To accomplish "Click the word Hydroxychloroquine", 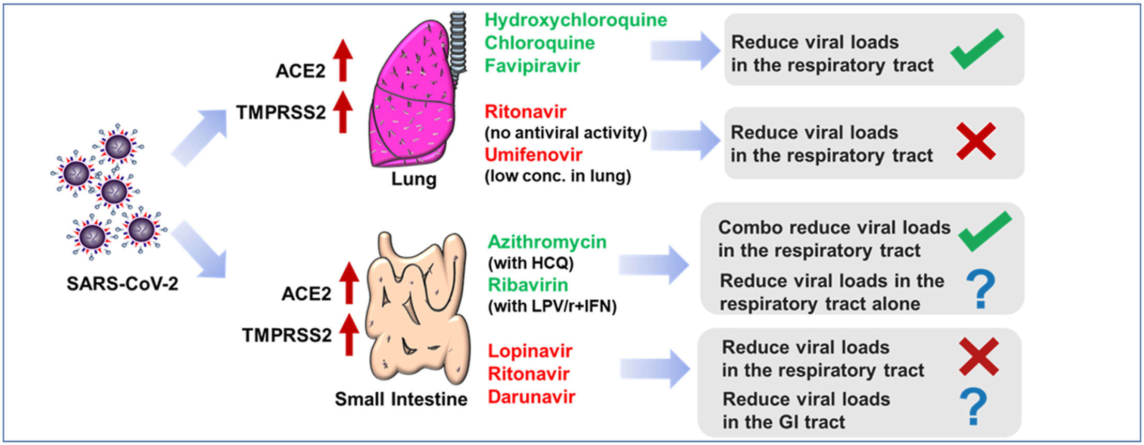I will coord(575,20).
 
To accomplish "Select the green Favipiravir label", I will coord(532,66).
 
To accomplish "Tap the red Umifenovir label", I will coord(533,155).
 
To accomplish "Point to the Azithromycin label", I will coord(547,242).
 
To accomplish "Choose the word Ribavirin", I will coord(528,285).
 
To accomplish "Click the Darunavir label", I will coord(531,397).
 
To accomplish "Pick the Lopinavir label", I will coord(530,351).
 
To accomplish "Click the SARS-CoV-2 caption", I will coord(122,284).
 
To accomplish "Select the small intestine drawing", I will coord(418,310).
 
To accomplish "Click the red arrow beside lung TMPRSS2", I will coord(343,112).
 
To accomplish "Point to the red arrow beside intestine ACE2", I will coord(349,283).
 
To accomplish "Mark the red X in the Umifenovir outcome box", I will coord(975,141).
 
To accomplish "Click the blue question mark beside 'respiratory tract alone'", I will coord(981,289).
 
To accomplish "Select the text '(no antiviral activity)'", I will coord(566,133).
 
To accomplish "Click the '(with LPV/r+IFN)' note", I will coord(552,306).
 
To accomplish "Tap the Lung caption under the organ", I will coord(414,179).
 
